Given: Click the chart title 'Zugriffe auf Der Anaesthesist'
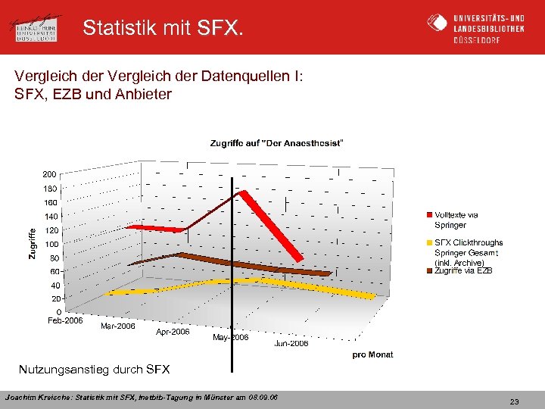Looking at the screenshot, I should tap(276, 144).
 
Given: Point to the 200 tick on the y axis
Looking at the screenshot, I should tap(50, 174).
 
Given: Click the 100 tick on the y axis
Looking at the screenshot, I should tap(51, 244).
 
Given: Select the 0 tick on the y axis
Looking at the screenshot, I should tap(58, 311).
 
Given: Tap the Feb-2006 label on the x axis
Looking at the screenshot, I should tap(65, 321).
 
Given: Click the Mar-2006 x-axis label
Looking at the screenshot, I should tap(118, 326).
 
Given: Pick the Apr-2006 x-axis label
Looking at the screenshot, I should tap(173, 332).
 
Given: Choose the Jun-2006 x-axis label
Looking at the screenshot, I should tap(291, 343).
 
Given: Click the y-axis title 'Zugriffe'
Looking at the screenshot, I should tap(32, 244).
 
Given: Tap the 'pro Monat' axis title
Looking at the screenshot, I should tap(372, 354).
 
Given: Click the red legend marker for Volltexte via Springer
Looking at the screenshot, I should tap(429, 215).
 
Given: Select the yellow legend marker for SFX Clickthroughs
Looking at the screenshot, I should tap(429, 243).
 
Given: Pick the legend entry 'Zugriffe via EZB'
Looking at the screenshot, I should tap(462, 270).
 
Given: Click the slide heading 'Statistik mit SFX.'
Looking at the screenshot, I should tap(163, 28).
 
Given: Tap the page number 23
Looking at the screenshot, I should tap(514, 401).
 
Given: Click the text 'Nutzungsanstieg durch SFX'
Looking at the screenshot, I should tap(95, 370).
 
